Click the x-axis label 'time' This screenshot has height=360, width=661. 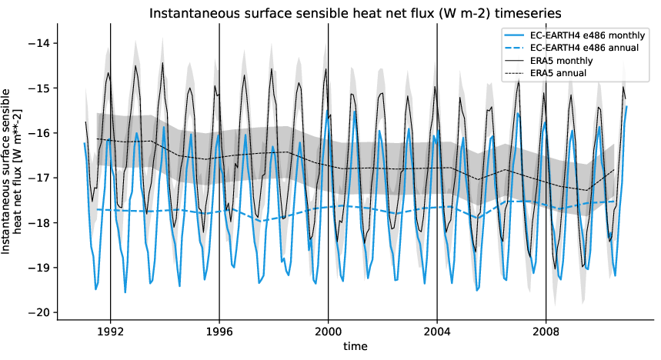click(x=356, y=347)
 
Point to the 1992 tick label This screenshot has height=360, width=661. click(x=110, y=333)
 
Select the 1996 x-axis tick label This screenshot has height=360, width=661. click(x=219, y=333)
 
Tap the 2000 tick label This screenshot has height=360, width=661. click(x=329, y=333)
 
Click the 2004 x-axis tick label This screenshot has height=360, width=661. click(x=437, y=333)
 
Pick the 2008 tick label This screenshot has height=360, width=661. click(x=546, y=333)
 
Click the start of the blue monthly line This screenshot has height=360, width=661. click(x=85, y=143)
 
